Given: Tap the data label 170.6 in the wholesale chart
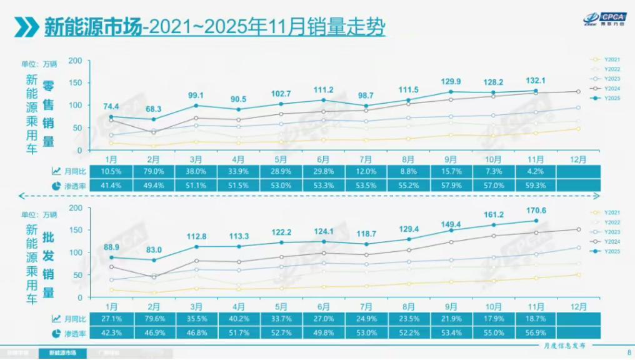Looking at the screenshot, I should (536, 211).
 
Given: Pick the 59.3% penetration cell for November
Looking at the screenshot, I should (536, 186).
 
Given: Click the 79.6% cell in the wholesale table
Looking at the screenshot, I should (153, 318).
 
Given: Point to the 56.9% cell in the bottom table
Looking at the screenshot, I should (536, 332).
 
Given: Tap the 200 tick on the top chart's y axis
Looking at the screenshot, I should (76, 61).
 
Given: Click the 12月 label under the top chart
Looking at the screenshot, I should (579, 159).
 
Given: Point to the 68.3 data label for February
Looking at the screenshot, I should (153, 109).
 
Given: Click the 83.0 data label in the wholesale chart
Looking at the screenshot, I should (153, 250).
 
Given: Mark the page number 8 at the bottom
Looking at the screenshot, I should (628, 353).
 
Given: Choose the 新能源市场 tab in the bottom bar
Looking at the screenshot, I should (59, 354).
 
